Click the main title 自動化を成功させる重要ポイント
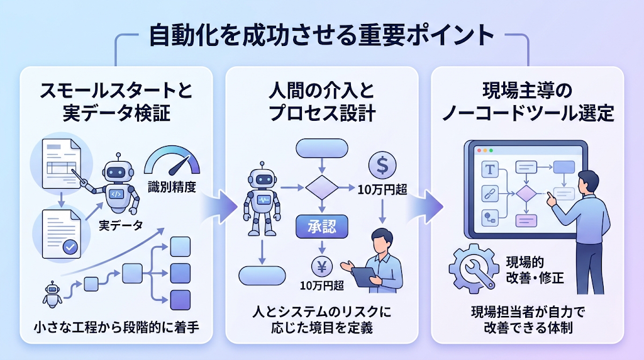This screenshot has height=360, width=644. (x=321, y=35)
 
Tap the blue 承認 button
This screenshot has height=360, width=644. (x=322, y=227)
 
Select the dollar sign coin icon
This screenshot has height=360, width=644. (x=382, y=165)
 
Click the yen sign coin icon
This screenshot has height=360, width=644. (x=322, y=267)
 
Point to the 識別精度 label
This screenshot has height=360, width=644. (x=172, y=188)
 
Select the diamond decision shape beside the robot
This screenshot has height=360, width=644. (x=322, y=188)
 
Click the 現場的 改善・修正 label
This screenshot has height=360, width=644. (x=535, y=270)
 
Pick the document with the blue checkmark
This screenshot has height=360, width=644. (x=62, y=234)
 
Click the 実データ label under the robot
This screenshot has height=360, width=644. (x=121, y=225)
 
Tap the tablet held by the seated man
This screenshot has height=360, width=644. (x=364, y=277)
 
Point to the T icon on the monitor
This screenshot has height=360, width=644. (x=489, y=169)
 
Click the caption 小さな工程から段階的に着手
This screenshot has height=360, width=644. (x=116, y=327)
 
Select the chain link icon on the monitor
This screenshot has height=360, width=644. (x=489, y=194)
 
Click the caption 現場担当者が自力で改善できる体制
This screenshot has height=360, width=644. (x=528, y=320)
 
